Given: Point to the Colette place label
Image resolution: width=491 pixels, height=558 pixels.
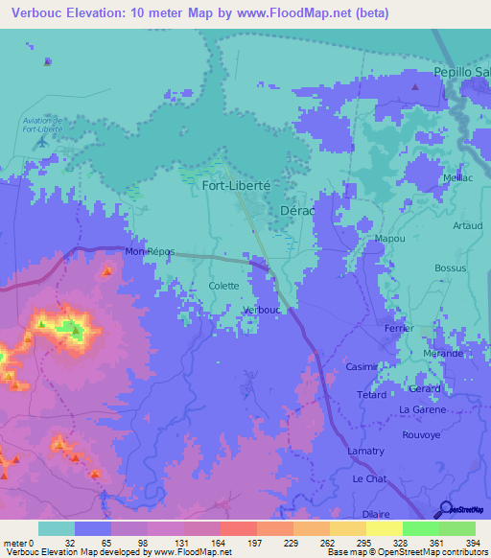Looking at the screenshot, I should pyautogui.click(x=223, y=286).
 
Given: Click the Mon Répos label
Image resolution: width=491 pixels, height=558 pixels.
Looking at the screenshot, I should pyautogui.click(x=151, y=251).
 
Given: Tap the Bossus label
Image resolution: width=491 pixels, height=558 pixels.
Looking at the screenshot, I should pyautogui.click(x=449, y=267).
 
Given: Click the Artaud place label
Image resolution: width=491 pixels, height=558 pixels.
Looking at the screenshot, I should pyautogui.click(x=466, y=226).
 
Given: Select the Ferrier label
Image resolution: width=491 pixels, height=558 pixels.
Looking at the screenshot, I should pyautogui.click(x=398, y=328).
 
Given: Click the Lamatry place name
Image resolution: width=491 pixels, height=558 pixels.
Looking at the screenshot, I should pyautogui.click(x=365, y=451).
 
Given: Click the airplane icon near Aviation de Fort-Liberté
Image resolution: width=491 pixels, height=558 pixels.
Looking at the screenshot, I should pyautogui.click(x=41, y=143).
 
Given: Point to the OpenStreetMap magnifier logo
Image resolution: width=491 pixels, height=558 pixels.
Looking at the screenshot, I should pyautogui.click(x=447, y=508).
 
